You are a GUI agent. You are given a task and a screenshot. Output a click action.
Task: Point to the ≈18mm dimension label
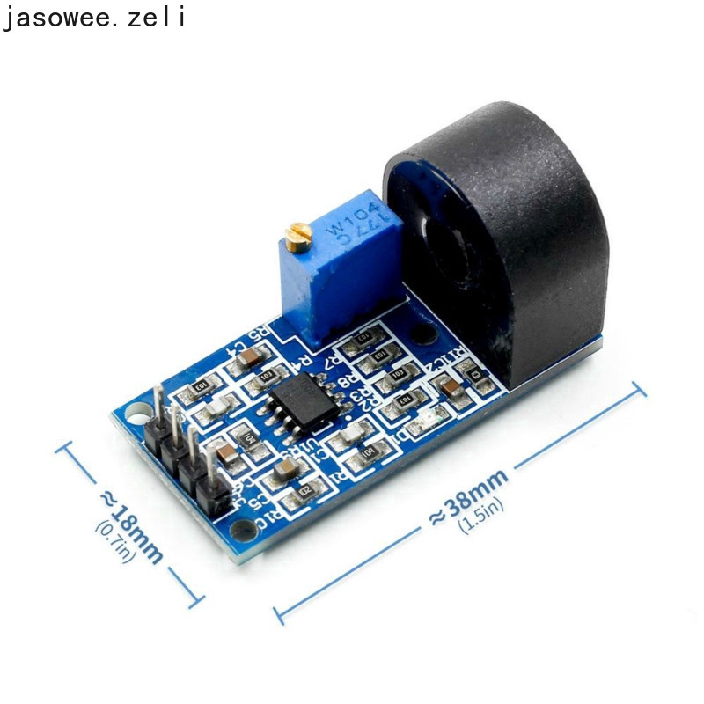132,526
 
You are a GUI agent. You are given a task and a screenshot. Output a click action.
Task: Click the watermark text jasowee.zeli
93,17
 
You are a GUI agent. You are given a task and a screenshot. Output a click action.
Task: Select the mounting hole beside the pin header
137,411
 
